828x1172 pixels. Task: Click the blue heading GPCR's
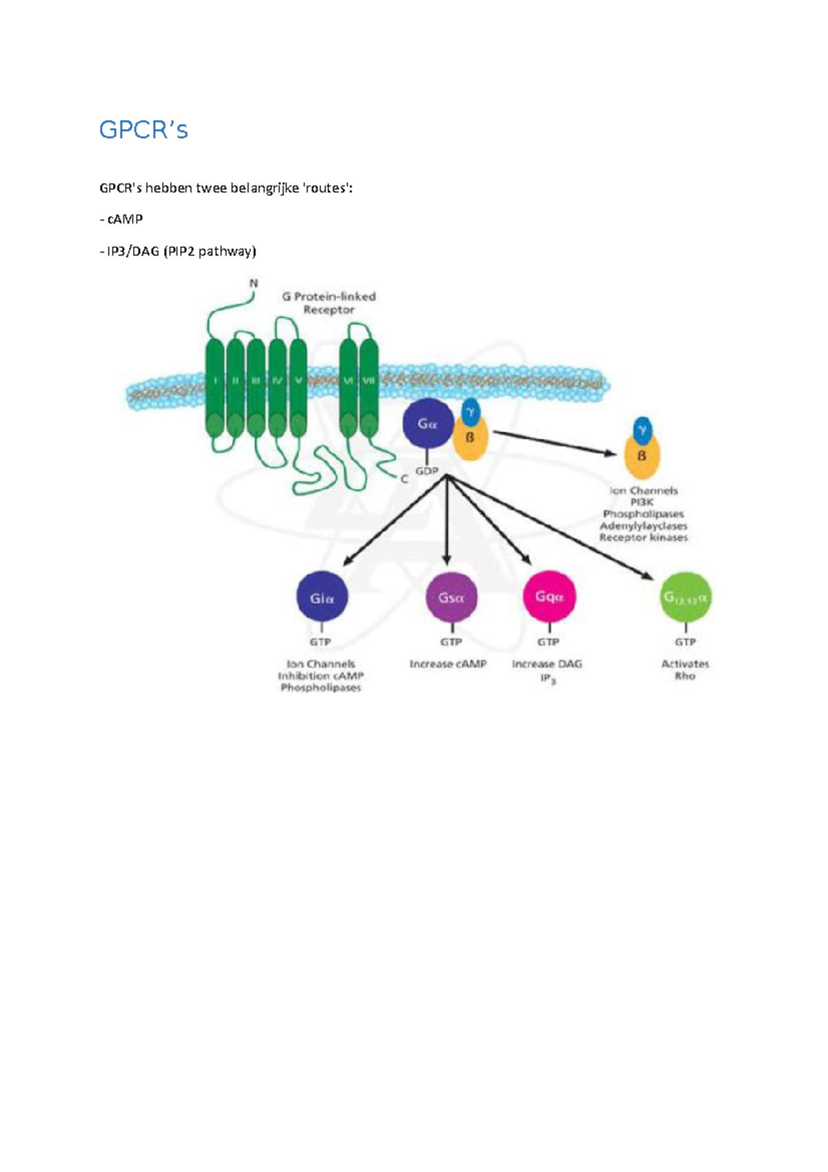click(144, 130)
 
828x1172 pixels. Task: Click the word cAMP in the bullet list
click(125, 219)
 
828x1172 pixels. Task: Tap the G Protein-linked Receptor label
click(328, 303)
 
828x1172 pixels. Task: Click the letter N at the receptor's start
click(253, 283)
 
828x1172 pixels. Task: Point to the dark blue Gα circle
click(428, 424)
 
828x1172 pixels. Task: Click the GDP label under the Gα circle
click(426, 471)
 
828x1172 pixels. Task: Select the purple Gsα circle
click(451, 598)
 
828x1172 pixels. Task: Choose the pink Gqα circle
click(549, 596)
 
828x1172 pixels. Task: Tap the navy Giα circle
click(322, 598)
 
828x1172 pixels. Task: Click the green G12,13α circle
click(684, 597)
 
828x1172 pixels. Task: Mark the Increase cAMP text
click(448, 664)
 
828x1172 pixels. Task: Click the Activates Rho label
click(684, 670)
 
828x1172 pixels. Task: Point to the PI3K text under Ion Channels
click(642, 502)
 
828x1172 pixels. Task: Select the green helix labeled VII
click(369, 387)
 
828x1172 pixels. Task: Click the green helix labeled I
click(215, 387)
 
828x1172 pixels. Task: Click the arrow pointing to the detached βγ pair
click(552, 442)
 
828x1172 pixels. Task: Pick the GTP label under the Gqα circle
click(549, 642)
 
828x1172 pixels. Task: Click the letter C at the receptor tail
click(404, 478)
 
